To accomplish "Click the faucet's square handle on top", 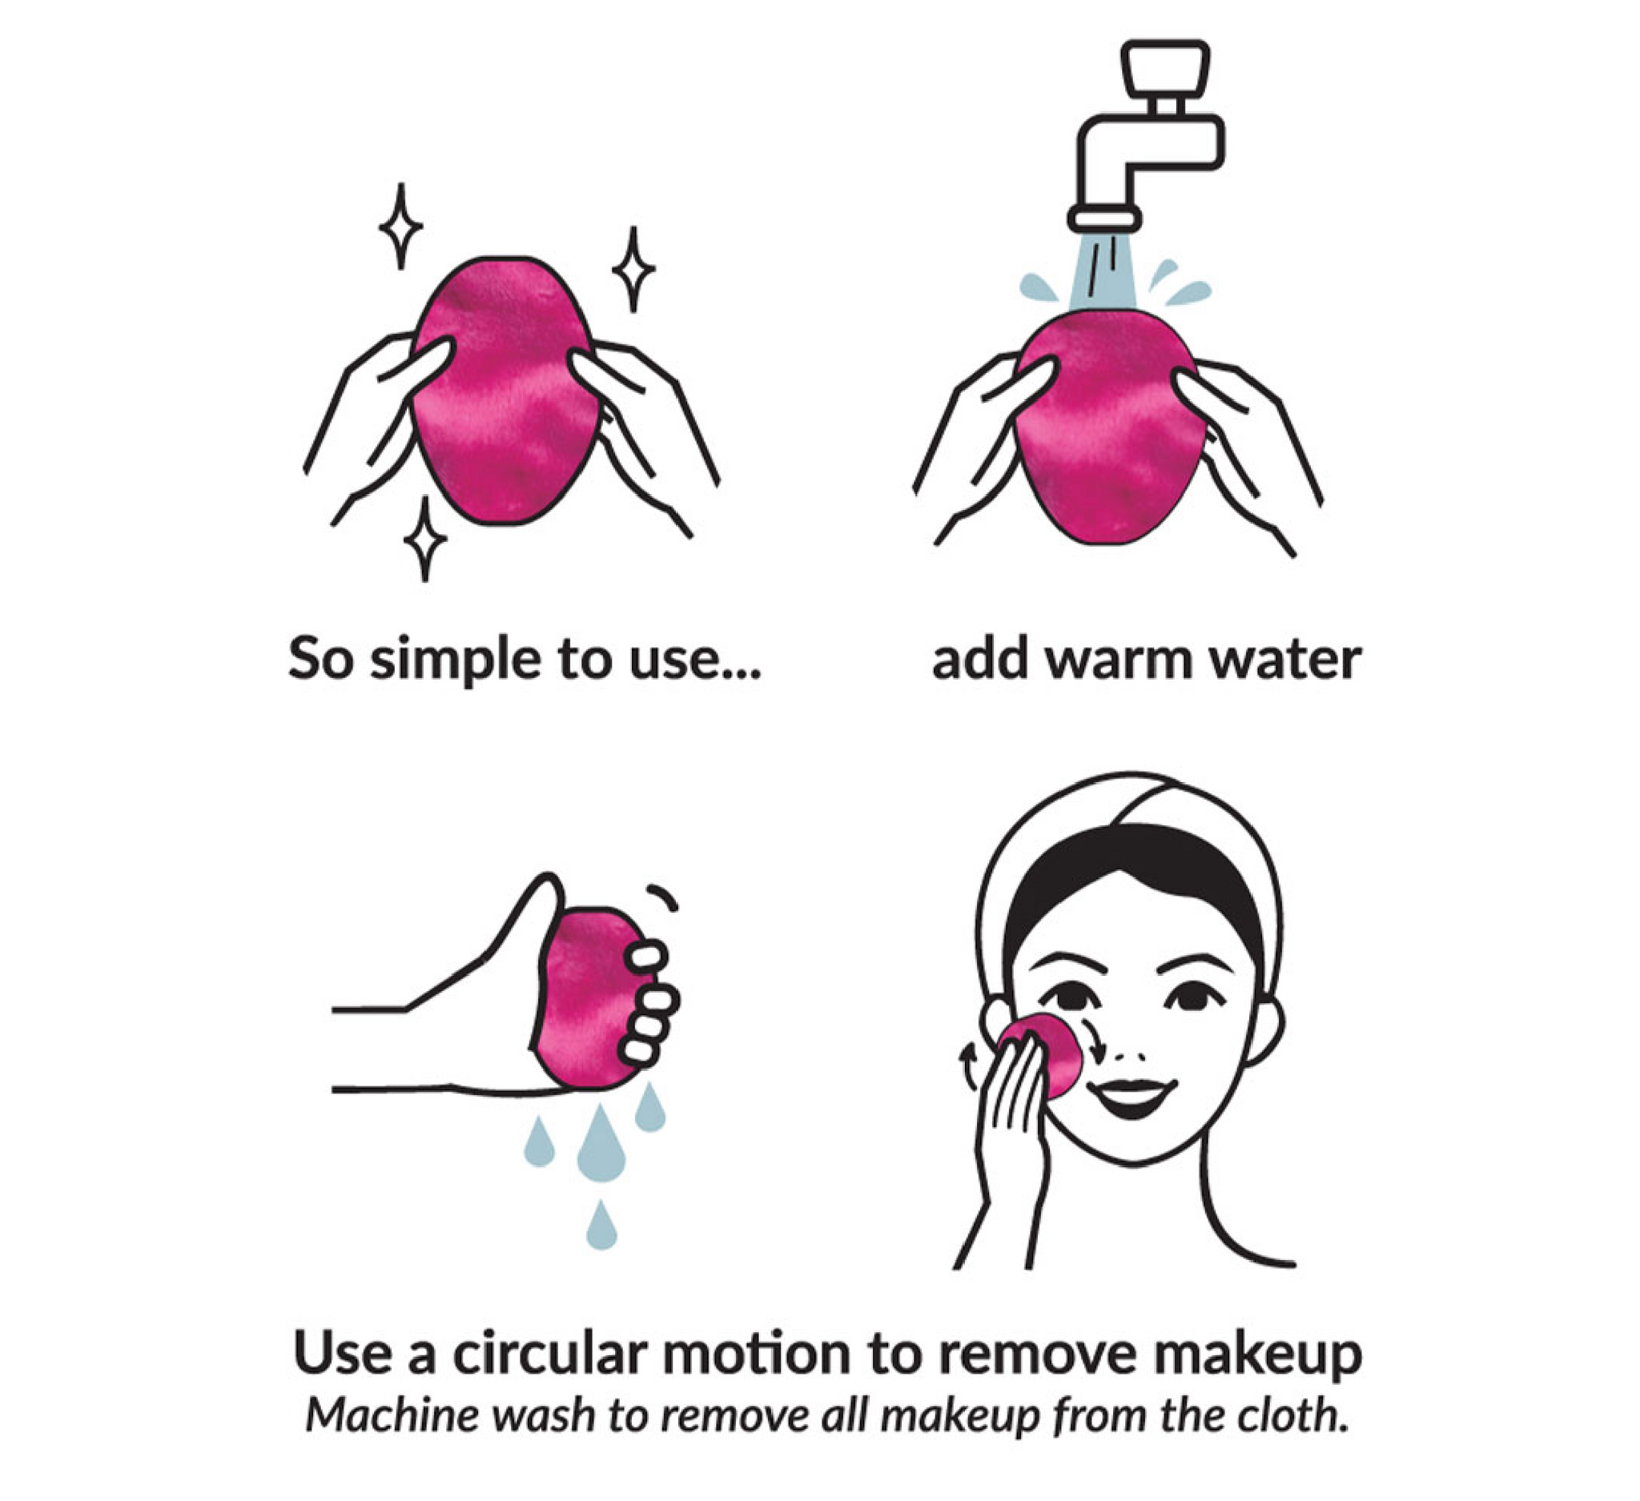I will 1164,67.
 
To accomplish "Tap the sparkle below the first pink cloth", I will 424,539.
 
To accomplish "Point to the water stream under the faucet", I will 1104,273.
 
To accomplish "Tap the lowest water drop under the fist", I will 601,1226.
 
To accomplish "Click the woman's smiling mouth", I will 1132,1094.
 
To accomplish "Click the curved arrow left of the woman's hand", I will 968,1066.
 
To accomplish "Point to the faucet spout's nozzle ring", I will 1104,217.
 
